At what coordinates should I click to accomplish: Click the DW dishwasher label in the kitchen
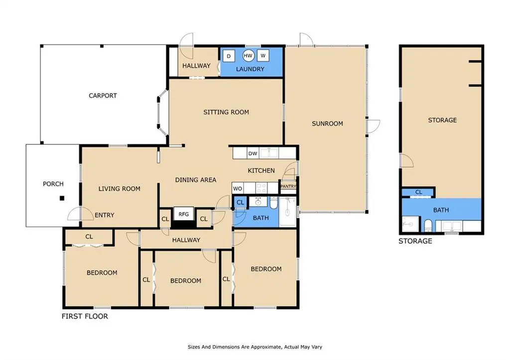[253, 153]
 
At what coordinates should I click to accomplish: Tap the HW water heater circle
[248, 56]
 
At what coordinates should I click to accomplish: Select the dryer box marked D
[229, 56]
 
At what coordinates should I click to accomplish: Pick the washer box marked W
[263, 56]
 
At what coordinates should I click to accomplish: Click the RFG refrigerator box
[183, 214]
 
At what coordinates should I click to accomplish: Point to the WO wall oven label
[238, 189]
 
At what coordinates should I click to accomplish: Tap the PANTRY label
[288, 186]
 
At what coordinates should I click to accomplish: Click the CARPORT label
[103, 96]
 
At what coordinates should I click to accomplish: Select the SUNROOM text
[327, 123]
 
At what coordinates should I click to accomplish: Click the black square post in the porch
[62, 198]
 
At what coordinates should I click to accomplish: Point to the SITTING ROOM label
[226, 112]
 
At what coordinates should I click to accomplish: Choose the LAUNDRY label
[250, 69]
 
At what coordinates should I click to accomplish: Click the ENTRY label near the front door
[105, 215]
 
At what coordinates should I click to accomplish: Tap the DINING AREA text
[195, 180]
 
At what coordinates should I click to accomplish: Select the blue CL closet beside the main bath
[240, 202]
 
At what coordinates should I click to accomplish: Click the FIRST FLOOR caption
[85, 316]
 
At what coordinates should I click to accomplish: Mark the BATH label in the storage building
[441, 210]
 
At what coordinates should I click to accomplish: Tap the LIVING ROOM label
[120, 189]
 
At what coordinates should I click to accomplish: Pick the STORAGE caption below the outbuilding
[415, 241]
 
